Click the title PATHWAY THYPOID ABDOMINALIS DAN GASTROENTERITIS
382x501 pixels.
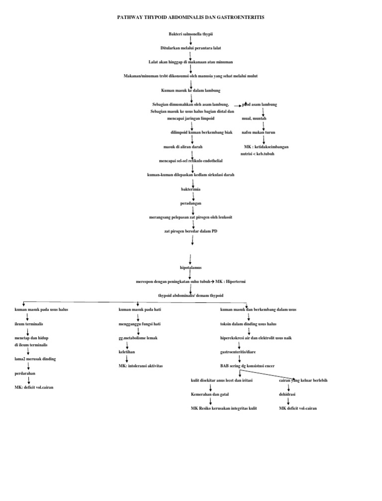tap(191, 17)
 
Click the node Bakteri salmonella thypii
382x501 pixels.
tap(191, 33)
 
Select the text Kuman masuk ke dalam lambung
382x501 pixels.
tap(191, 90)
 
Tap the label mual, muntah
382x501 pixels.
tap(254, 119)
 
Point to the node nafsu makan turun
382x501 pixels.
tap(258, 132)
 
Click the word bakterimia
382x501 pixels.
tap(191, 189)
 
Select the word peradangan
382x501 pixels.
tap(191, 203)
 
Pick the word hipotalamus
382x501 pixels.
tap(191, 267)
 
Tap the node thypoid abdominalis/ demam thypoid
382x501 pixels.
tap(191, 295)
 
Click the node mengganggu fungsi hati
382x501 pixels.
tap(139, 324)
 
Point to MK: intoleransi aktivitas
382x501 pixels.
tap(141, 366)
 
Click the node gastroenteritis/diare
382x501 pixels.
tap(241, 352)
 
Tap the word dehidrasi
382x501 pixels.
tap(287, 394)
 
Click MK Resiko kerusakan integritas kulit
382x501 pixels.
tap(224, 408)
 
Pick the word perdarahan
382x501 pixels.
tap(23, 373)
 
